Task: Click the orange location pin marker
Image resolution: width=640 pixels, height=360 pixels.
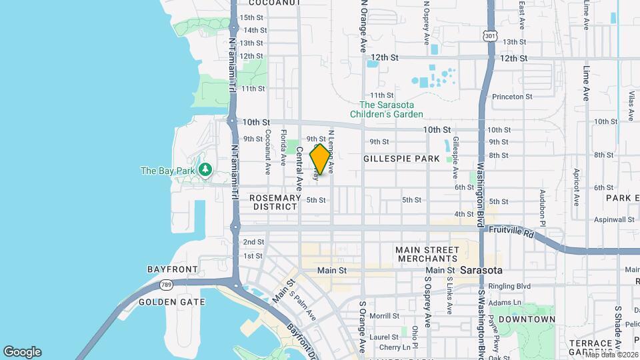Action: coord(321,159)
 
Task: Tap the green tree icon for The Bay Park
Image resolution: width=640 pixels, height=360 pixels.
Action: coord(205,171)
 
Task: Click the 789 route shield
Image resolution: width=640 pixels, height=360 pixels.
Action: coord(166,285)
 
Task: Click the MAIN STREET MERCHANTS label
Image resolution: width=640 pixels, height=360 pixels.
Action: coord(427,254)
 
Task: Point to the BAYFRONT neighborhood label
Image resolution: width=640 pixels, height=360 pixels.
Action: coord(172,269)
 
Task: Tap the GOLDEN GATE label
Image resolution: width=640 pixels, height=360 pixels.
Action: coord(166,302)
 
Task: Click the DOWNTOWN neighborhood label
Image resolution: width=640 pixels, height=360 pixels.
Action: coord(527,319)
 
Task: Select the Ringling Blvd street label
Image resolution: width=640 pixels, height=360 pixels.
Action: coord(509,287)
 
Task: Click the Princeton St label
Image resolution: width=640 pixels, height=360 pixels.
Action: coord(512,97)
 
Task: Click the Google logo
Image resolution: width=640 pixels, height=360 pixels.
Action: coord(22,351)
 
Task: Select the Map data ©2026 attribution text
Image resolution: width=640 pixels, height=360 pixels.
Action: coord(611,354)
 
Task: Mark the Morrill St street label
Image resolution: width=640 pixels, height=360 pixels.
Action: coord(384,316)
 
